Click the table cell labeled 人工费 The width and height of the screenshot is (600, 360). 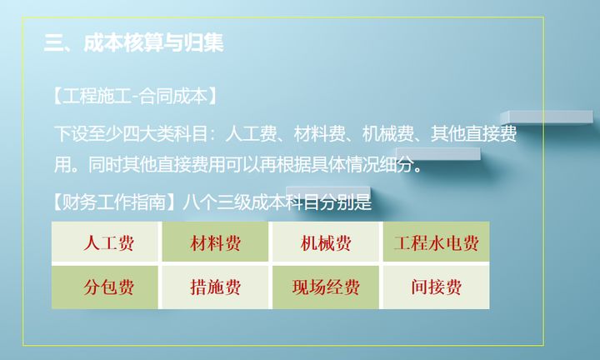(106, 243)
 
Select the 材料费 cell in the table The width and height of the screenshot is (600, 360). (215, 243)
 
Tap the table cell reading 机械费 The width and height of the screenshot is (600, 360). (326, 243)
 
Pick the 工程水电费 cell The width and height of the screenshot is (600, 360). (436, 243)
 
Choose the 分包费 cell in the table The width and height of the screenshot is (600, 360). (106, 287)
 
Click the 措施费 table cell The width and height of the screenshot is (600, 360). (215, 287)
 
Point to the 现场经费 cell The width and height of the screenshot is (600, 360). (326, 287)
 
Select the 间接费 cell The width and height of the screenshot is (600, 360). (436, 287)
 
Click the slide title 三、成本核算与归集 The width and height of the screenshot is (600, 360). (134, 42)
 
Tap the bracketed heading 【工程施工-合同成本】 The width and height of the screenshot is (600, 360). (134, 96)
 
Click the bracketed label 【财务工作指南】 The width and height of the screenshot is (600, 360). (113, 202)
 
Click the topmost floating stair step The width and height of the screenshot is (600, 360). (547, 117)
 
